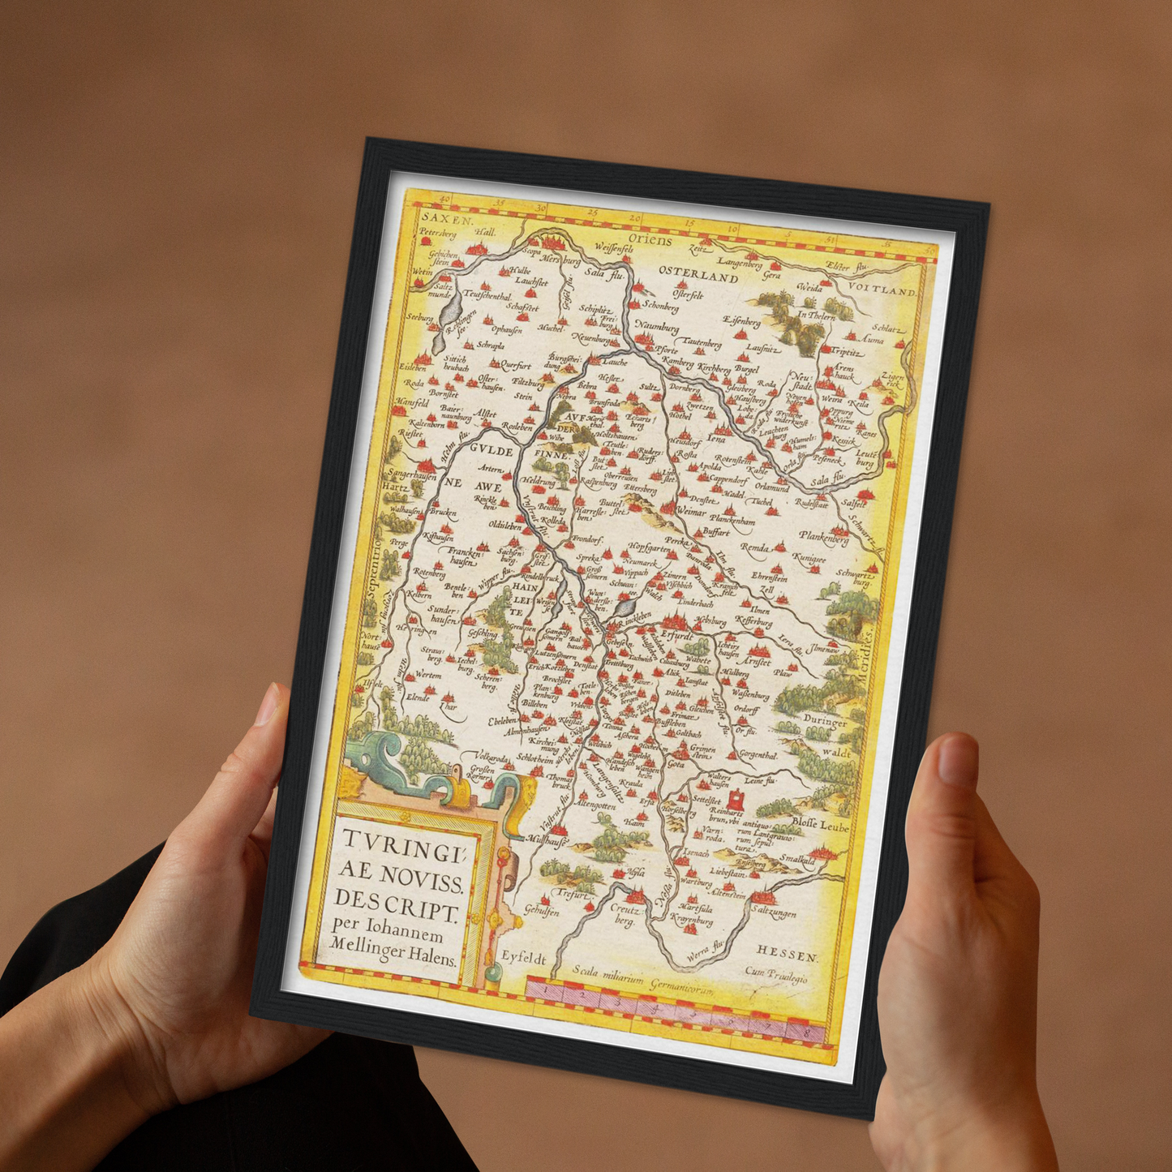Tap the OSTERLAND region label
point(698,275)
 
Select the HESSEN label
point(788,955)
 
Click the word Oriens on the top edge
point(650,241)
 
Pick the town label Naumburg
point(657,327)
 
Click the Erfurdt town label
point(676,638)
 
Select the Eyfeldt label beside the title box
point(522,958)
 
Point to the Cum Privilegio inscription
point(776,976)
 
